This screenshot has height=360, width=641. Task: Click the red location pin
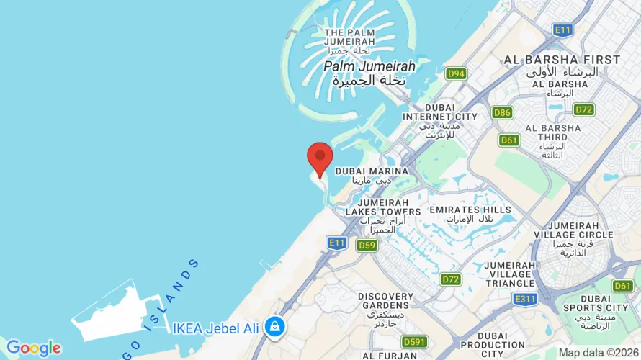320,158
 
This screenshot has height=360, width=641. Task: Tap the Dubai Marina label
372,171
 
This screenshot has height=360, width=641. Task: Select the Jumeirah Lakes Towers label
382,212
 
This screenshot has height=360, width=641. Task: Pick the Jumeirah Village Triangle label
520,274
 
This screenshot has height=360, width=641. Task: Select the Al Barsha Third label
552,133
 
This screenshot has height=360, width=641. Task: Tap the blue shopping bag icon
274,328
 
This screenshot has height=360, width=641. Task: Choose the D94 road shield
456,73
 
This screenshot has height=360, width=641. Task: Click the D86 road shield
502,113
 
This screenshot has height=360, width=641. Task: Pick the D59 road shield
367,246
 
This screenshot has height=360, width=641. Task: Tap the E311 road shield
525,298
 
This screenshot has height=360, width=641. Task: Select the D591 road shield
415,342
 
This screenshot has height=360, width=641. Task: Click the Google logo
34,348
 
